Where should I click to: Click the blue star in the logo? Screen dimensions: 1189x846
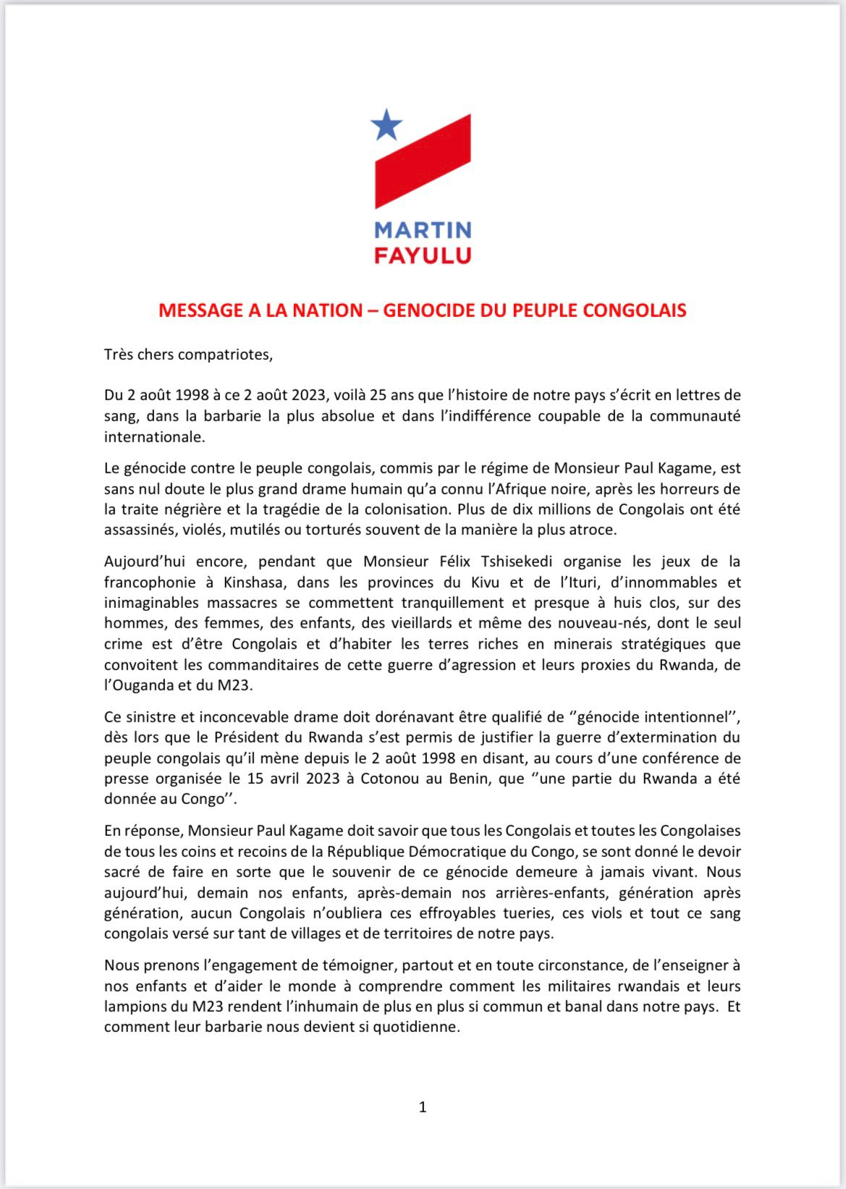click(x=386, y=125)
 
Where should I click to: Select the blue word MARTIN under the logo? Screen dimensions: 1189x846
click(x=423, y=230)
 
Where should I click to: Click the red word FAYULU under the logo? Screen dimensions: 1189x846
click(x=423, y=255)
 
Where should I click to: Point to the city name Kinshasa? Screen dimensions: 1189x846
click(x=257, y=582)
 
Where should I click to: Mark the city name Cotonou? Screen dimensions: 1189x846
click(x=395, y=779)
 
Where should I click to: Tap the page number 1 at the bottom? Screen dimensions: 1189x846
click(x=423, y=1107)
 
